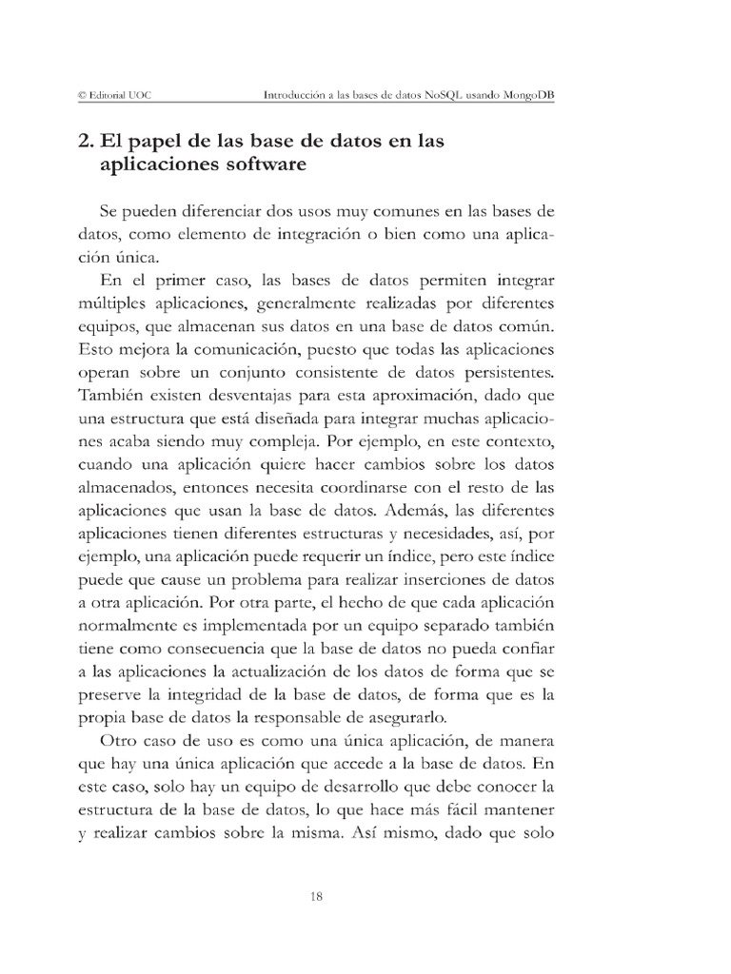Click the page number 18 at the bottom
[x=319, y=895]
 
